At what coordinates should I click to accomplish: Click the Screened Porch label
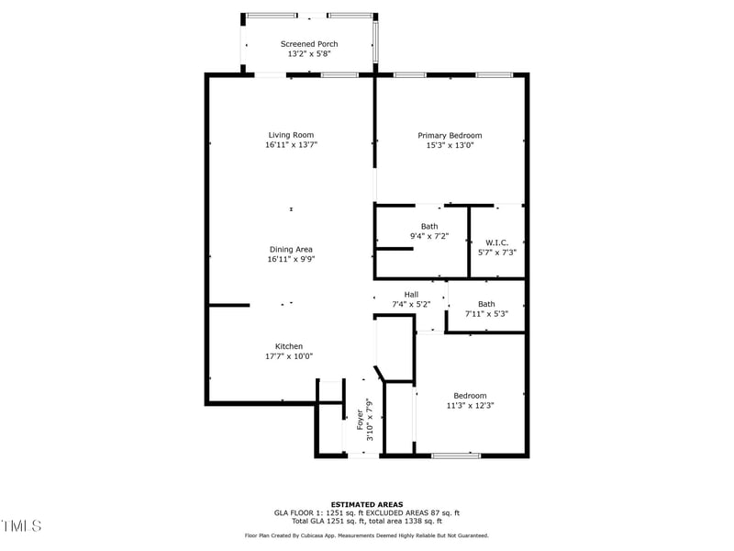pyautogui.click(x=308, y=44)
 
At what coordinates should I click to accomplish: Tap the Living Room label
pyautogui.click(x=291, y=135)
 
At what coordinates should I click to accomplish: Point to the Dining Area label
pyautogui.click(x=291, y=250)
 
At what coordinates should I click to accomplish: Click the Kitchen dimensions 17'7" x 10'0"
pyautogui.click(x=289, y=356)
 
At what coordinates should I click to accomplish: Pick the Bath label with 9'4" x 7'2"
pyautogui.click(x=429, y=226)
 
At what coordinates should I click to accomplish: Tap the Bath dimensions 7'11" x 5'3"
pyautogui.click(x=486, y=314)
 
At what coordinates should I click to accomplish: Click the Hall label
pyautogui.click(x=411, y=294)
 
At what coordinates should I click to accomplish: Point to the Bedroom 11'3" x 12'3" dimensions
pyautogui.click(x=471, y=405)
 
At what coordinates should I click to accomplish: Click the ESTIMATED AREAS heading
pyautogui.click(x=367, y=504)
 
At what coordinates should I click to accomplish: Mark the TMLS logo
pyautogui.click(x=21, y=526)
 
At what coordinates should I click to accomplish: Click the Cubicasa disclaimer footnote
pyautogui.click(x=367, y=535)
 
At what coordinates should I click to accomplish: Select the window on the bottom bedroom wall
pyautogui.click(x=456, y=455)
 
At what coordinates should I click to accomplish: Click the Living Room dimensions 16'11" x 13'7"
pyautogui.click(x=291, y=145)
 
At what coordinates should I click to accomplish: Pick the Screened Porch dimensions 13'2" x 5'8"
pyautogui.click(x=308, y=54)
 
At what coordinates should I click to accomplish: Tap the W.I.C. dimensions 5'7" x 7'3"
pyautogui.click(x=496, y=253)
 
